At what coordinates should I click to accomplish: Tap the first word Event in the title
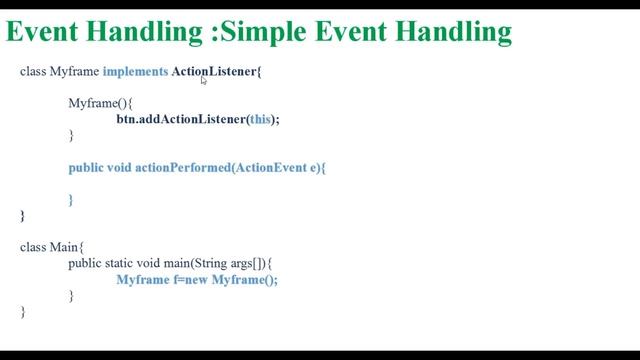[x=44, y=32]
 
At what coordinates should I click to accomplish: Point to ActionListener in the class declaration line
[x=206, y=72]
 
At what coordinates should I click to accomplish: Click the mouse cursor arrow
[x=204, y=81]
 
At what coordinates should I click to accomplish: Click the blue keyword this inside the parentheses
[x=260, y=119]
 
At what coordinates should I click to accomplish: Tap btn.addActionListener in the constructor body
[x=180, y=119]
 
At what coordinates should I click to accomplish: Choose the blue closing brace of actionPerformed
[x=71, y=200]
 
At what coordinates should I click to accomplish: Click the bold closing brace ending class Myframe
[x=22, y=215]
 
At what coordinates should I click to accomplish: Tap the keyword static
[x=123, y=263]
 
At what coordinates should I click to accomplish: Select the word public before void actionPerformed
[x=86, y=168]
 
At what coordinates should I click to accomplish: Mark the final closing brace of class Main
[x=22, y=312]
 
